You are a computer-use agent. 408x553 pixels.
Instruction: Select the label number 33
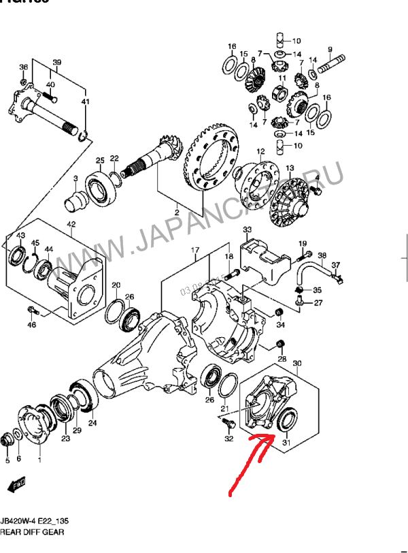click(248, 230)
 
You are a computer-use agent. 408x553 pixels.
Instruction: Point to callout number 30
click(296, 364)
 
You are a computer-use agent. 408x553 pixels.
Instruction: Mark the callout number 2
click(176, 212)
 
